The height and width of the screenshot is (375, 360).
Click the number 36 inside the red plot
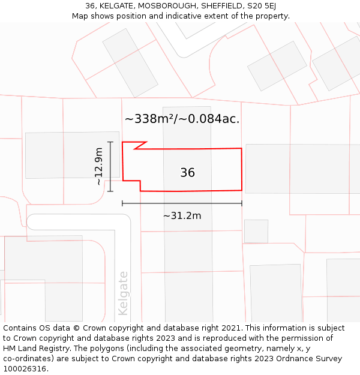[x=187, y=173]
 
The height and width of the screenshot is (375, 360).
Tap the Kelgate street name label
[x=124, y=293]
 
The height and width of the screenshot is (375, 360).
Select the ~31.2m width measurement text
[x=182, y=215]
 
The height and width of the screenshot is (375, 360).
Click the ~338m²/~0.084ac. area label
[x=182, y=119]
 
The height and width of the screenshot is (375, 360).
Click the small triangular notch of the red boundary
[x=138, y=145]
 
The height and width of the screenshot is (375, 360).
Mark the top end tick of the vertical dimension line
[x=110, y=142]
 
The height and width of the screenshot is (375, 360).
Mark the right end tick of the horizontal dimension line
[x=242, y=203]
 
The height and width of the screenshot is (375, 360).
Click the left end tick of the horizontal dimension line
[x=122, y=203]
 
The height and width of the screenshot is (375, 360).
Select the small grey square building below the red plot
[x=256, y=231]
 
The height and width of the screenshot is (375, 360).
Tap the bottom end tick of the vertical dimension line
[x=110, y=191]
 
